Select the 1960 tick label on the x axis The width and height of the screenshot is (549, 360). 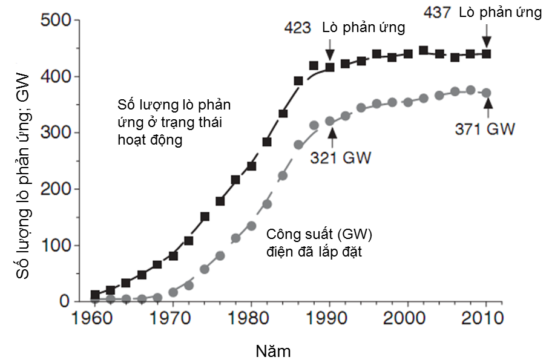(95, 318)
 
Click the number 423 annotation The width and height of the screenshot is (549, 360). (297, 28)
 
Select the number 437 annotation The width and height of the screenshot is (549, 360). (438, 12)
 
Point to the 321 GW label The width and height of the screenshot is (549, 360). (340, 158)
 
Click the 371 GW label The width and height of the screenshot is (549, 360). (484, 129)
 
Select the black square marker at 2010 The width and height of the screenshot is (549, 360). (487, 54)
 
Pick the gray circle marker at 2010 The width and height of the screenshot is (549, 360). (487, 93)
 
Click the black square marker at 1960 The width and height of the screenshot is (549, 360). (95, 295)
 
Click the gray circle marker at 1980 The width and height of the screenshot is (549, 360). (251, 226)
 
